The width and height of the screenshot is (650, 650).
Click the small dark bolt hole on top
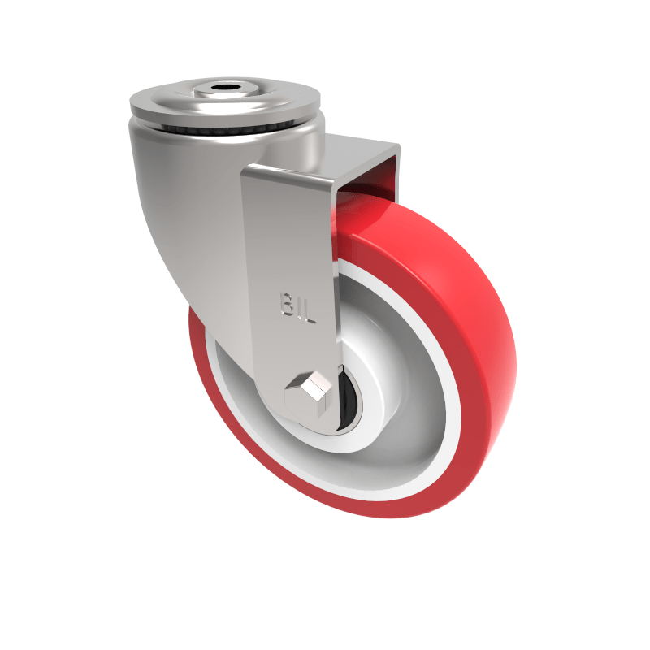pos(225,88)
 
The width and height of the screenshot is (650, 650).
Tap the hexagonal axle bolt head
pos(309,393)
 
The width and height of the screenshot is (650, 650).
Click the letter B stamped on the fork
pos(288,305)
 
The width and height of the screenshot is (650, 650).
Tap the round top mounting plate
pos(225,102)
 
